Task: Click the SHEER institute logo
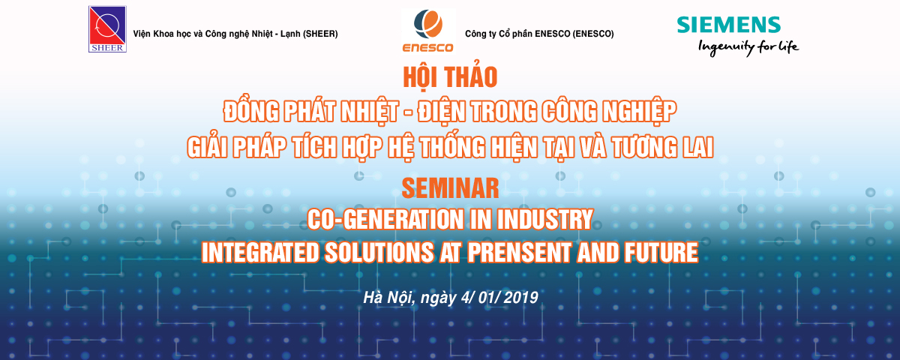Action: click(107, 29)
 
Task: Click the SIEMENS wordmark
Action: click(729, 25)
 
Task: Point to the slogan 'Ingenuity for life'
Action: click(748, 48)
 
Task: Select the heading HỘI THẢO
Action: click(450, 76)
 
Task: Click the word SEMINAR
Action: click(450, 188)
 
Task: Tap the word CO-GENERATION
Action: click(385, 219)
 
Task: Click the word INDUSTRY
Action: click(544, 219)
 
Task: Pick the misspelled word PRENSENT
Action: click(519, 252)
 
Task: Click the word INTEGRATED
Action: click(260, 252)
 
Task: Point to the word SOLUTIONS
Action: click(379, 252)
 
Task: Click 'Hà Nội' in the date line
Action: click(388, 298)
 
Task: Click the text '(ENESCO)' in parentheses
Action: click(593, 34)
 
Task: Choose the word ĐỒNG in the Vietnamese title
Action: click(251, 111)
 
